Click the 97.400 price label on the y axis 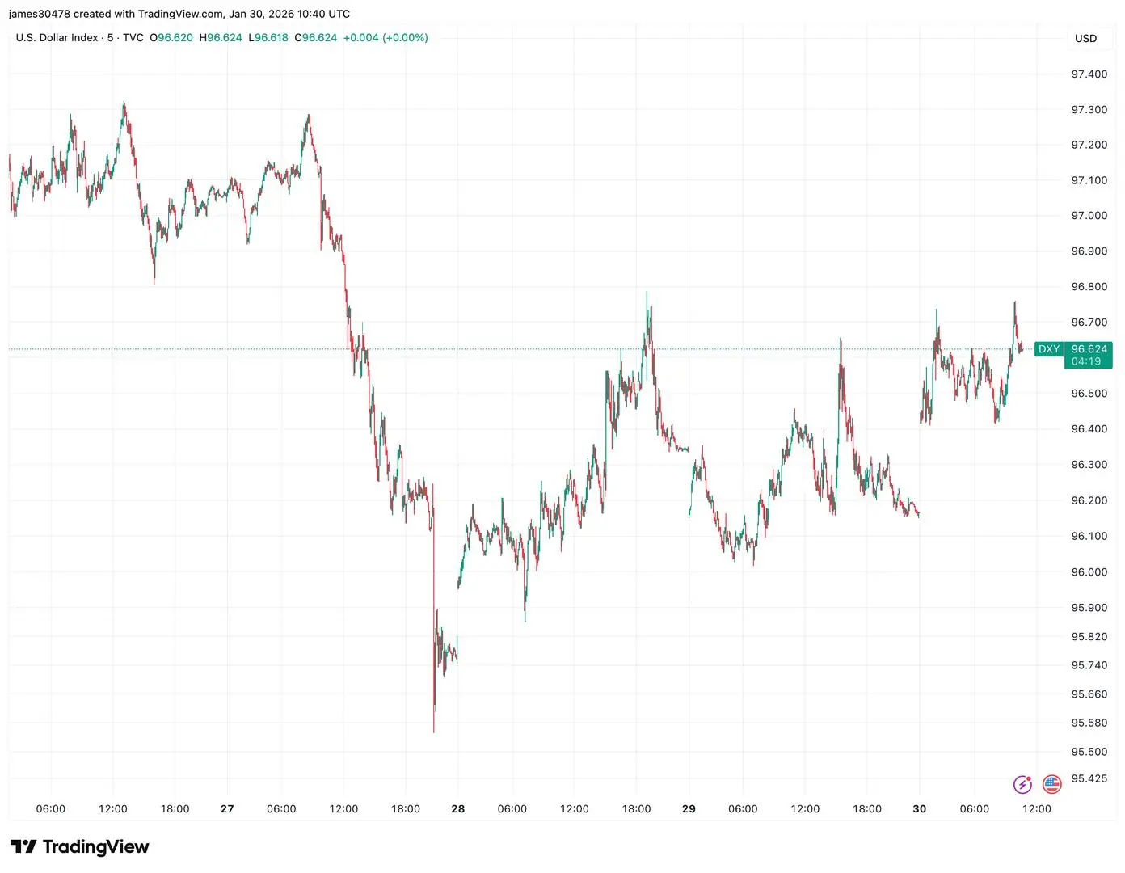1089,74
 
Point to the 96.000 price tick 1089,572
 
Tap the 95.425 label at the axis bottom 1089,779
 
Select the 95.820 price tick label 1089,637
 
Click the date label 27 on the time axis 227,809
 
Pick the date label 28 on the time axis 458,809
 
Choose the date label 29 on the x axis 689,809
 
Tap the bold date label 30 920,809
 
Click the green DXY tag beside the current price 1048,349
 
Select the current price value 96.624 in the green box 1089,349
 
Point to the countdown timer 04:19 1086,362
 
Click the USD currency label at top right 1085,39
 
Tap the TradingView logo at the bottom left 80,847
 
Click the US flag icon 1051,784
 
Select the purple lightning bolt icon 1022,784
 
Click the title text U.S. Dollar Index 57,38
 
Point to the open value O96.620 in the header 171,38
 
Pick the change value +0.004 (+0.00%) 386,38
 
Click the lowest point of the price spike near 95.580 434,732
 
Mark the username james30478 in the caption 39,14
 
